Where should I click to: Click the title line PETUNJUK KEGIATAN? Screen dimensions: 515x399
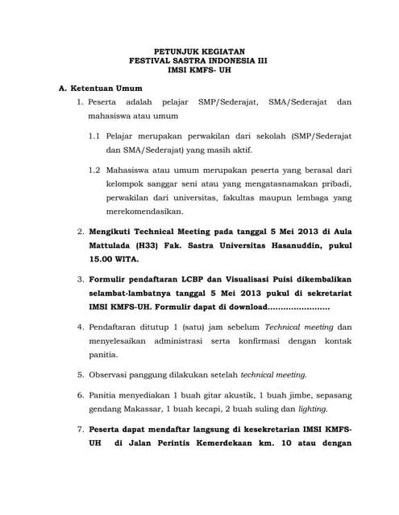coord(198,50)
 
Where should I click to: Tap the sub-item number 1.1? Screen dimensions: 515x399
coord(94,136)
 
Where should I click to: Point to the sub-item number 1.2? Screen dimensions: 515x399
coord(94,170)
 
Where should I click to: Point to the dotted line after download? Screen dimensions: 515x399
coord(298,308)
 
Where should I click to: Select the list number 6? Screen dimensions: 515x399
coord(81,395)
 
